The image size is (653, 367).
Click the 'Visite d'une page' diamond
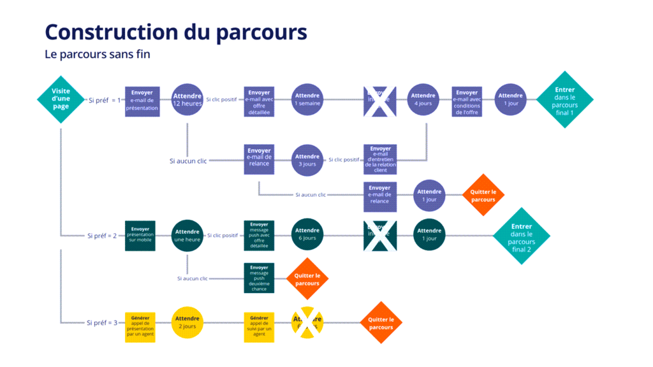61,99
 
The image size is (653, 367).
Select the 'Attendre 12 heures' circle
187,100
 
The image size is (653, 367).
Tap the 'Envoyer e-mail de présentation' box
142,101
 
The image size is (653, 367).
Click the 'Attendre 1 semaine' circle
307,100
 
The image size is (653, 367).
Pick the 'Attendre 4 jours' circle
423,100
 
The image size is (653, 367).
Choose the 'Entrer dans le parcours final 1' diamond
564,100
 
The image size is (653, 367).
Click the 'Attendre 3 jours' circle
307,160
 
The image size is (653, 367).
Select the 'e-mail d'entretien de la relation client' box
380,160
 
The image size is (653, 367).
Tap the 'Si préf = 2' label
102,236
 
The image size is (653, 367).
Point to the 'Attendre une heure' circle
187,236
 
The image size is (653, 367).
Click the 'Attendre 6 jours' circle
307,234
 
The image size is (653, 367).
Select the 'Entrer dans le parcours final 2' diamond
521,236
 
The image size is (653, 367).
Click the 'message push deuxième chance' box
259,278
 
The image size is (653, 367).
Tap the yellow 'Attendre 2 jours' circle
187,322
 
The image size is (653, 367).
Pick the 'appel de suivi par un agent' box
259,326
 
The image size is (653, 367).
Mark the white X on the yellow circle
307,322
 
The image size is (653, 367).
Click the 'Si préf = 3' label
102,322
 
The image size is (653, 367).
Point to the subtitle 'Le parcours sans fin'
98,54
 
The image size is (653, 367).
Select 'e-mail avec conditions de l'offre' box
467,101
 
